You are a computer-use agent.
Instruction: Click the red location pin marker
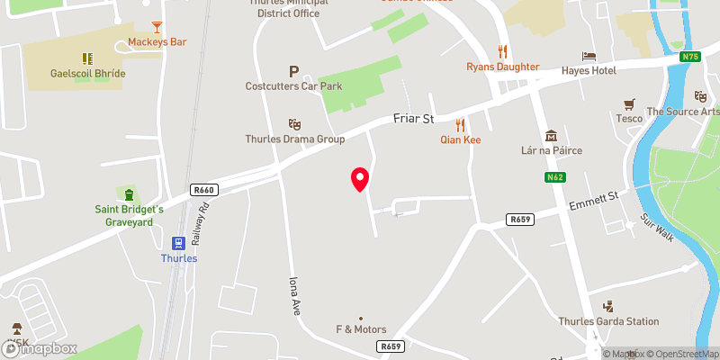[x=360, y=179]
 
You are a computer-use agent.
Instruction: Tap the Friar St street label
[x=414, y=118]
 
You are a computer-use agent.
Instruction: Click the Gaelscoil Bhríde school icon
[x=88, y=58]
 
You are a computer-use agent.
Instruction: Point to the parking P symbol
[x=293, y=71]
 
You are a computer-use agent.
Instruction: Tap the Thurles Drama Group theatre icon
[x=294, y=124]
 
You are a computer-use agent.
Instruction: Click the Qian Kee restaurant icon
[x=460, y=125]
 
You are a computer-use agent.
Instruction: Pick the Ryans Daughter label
[x=502, y=67]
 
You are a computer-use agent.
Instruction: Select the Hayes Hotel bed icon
[x=589, y=56]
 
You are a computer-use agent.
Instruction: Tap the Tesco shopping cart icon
[x=629, y=103]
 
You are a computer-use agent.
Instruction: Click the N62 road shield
[x=554, y=177]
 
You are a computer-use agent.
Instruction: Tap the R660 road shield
[x=204, y=190]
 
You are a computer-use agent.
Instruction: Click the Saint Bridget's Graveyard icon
[x=129, y=194]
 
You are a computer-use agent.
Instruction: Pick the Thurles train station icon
[x=178, y=243]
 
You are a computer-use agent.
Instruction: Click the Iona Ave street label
[x=293, y=294]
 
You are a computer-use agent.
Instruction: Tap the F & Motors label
[x=361, y=329]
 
